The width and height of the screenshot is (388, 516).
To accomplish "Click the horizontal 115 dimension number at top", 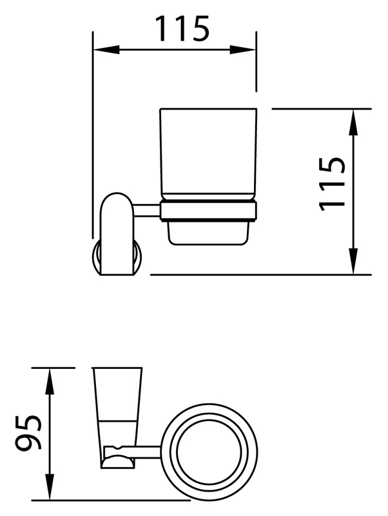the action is (182, 29).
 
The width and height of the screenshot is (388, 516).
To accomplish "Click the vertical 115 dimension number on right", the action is (332, 184).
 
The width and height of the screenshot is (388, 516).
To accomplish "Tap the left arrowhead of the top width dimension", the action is (106, 50).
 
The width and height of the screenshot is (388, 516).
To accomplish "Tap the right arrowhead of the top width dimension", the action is (243, 50).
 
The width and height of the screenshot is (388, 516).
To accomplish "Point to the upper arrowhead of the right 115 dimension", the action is (353, 122).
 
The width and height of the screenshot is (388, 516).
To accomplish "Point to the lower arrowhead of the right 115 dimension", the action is (353, 261).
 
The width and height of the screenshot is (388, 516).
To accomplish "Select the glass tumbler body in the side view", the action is (208, 154).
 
